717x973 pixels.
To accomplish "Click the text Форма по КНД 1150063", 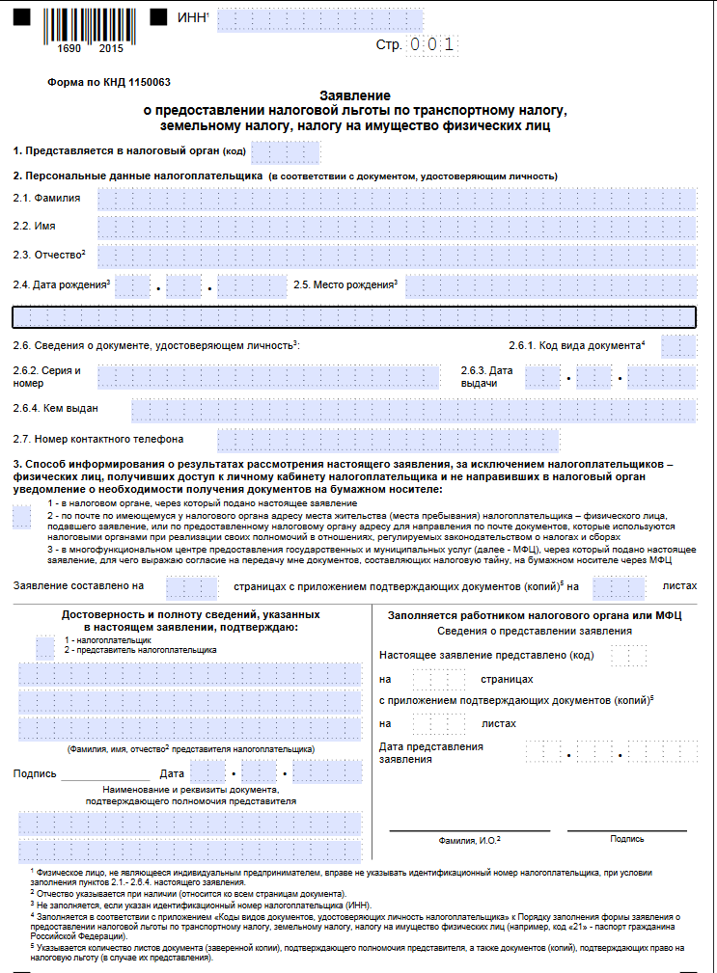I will point(96,83).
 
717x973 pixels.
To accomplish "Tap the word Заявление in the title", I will point(355,96).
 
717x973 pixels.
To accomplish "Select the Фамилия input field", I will point(397,199).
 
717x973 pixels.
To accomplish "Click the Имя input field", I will point(397,227).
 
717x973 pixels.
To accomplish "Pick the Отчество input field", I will point(397,256).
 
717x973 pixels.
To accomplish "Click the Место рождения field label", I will point(345,285).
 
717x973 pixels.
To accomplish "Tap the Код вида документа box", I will point(679,345).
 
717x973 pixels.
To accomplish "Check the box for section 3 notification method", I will point(22,518).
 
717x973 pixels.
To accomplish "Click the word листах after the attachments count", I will point(678,585).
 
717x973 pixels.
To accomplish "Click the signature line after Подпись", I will point(105,774).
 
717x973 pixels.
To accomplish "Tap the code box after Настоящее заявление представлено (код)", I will point(628,655).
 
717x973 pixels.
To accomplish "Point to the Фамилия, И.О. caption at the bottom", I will point(469,839).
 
